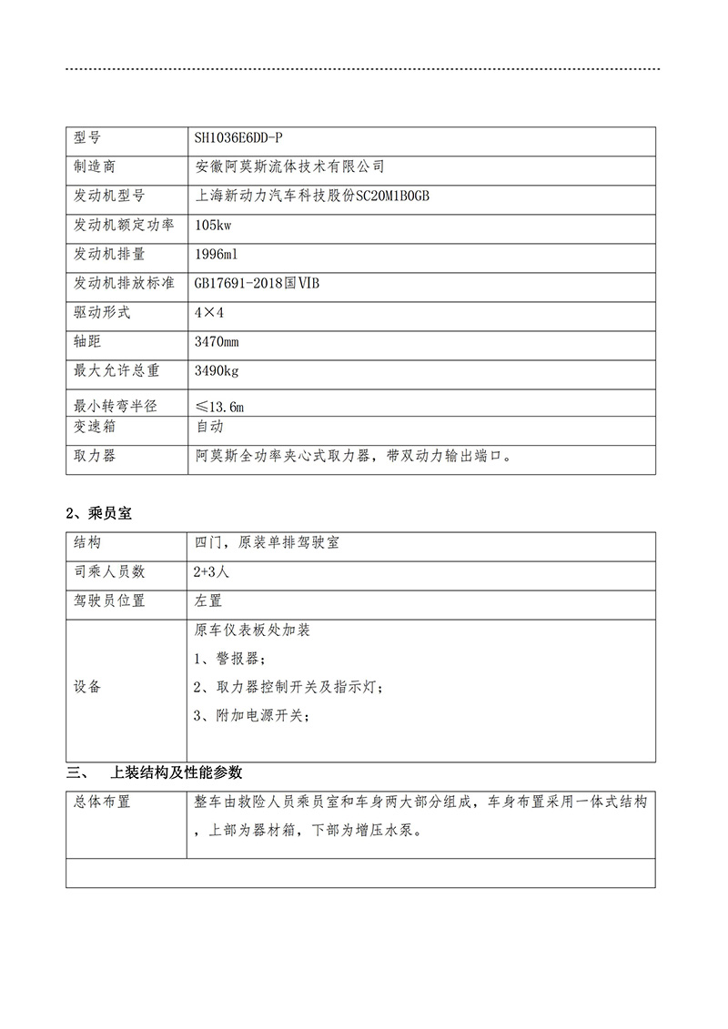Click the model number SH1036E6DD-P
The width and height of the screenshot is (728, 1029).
(238, 138)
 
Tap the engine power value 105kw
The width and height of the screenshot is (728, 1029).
(213, 225)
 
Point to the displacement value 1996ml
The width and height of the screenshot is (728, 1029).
(216, 254)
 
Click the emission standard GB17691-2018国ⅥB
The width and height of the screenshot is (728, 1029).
(257, 283)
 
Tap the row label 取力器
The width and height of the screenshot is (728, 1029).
(95, 456)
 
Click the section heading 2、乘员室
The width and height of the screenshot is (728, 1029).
(100, 513)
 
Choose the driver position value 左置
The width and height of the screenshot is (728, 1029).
(207, 600)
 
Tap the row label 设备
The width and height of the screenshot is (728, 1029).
(87, 687)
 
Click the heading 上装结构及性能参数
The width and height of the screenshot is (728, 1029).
(176, 773)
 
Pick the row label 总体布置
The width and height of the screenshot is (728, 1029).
(102, 802)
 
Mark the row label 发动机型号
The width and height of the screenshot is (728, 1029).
(108, 197)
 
